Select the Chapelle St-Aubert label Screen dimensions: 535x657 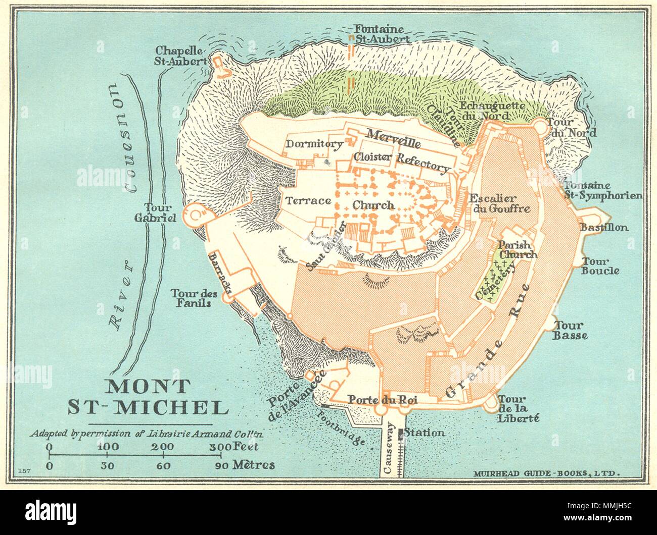(x=181, y=56)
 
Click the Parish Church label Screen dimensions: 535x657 (x=519, y=249)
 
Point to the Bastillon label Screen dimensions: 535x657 (x=604, y=228)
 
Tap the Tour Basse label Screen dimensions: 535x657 (x=570, y=331)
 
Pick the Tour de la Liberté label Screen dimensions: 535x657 (x=519, y=408)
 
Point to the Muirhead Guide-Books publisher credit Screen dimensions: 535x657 (x=546, y=473)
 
